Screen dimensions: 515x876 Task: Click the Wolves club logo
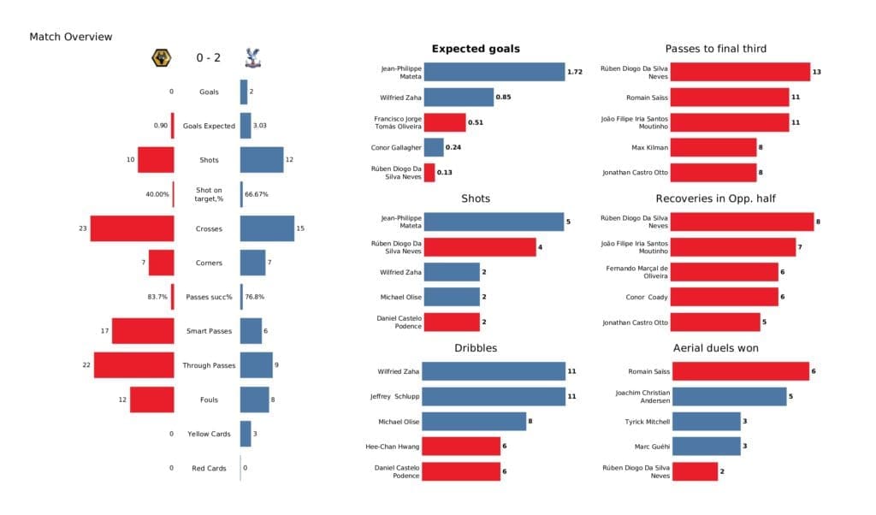pyautogui.click(x=159, y=58)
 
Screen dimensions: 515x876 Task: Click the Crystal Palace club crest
pyautogui.click(x=252, y=58)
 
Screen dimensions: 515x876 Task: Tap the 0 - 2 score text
pyautogui.click(x=208, y=59)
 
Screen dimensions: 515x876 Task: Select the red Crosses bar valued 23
pyautogui.click(x=132, y=228)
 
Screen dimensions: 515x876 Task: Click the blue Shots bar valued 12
pyautogui.click(x=261, y=160)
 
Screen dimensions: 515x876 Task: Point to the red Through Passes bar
pyautogui.click(x=133, y=365)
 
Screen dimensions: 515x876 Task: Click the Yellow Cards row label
pyautogui.click(x=208, y=434)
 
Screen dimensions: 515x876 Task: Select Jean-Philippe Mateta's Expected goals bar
pyautogui.click(x=494, y=73)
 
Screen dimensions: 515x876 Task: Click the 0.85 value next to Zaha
pyautogui.click(x=503, y=98)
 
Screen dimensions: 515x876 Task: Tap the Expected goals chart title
pyautogui.click(x=476, y=49)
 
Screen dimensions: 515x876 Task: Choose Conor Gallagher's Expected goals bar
pyautogui.click(x=434, y=147)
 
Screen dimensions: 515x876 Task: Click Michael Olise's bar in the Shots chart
pyautogui.click(x=452, y=297)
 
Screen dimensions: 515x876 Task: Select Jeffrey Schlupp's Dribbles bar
pyautogui.click(x=494, y=397)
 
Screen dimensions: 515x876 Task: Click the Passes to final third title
pyautogui.click(x=716, y=49)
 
